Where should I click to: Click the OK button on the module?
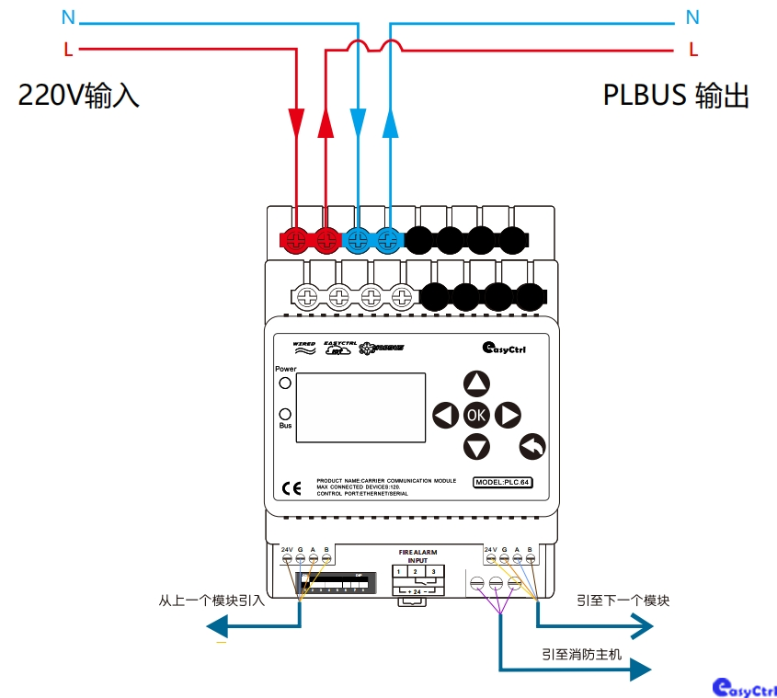point(476,415)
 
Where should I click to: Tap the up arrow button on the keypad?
point(476,383)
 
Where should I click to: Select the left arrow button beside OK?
point(445,416)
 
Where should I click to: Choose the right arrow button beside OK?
point(508,416)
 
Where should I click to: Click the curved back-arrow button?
point(532,446)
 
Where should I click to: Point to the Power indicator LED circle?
point(285,383)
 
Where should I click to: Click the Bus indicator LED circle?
point(285,414)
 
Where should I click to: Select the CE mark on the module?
point(291,488)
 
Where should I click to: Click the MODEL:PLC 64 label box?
point(503,483)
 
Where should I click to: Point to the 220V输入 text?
point(79,96)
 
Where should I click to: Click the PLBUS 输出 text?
point(676,96)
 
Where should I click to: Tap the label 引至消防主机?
point(581,655)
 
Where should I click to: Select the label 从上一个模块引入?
point(211,601)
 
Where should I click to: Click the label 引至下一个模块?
point(623,601)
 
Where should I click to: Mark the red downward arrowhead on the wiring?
point(296,120)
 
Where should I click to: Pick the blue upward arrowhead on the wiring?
point(390,120)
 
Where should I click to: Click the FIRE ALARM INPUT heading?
point(417,556)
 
